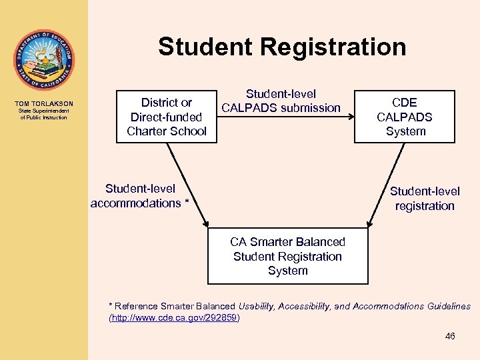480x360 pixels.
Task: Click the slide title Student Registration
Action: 282,47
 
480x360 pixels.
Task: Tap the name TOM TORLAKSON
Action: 44,103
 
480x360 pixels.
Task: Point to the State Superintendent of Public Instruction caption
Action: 44,114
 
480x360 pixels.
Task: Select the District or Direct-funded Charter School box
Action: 167,117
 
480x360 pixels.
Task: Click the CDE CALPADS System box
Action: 405,117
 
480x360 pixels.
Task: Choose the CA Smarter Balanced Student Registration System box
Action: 288,256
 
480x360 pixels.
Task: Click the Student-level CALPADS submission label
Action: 281,101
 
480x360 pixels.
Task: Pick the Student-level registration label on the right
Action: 425,199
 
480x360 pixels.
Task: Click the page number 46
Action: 450,337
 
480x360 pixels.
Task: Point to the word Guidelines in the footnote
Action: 449,307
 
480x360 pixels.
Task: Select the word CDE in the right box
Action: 405,103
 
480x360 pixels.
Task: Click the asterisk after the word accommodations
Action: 187,203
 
